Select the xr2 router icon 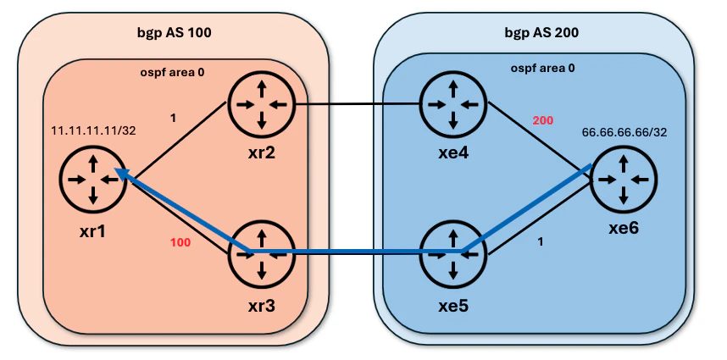tap(262, 105)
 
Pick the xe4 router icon tap(454, 105)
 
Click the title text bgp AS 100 tap(174, 33)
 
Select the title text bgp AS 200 tap(541, 33)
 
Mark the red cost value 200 tap(543, 121)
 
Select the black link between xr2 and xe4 tap(358, 104)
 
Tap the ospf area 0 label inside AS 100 tap(172, 72)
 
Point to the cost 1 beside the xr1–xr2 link tap(174, 118)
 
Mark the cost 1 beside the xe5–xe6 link tap(540, 242)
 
